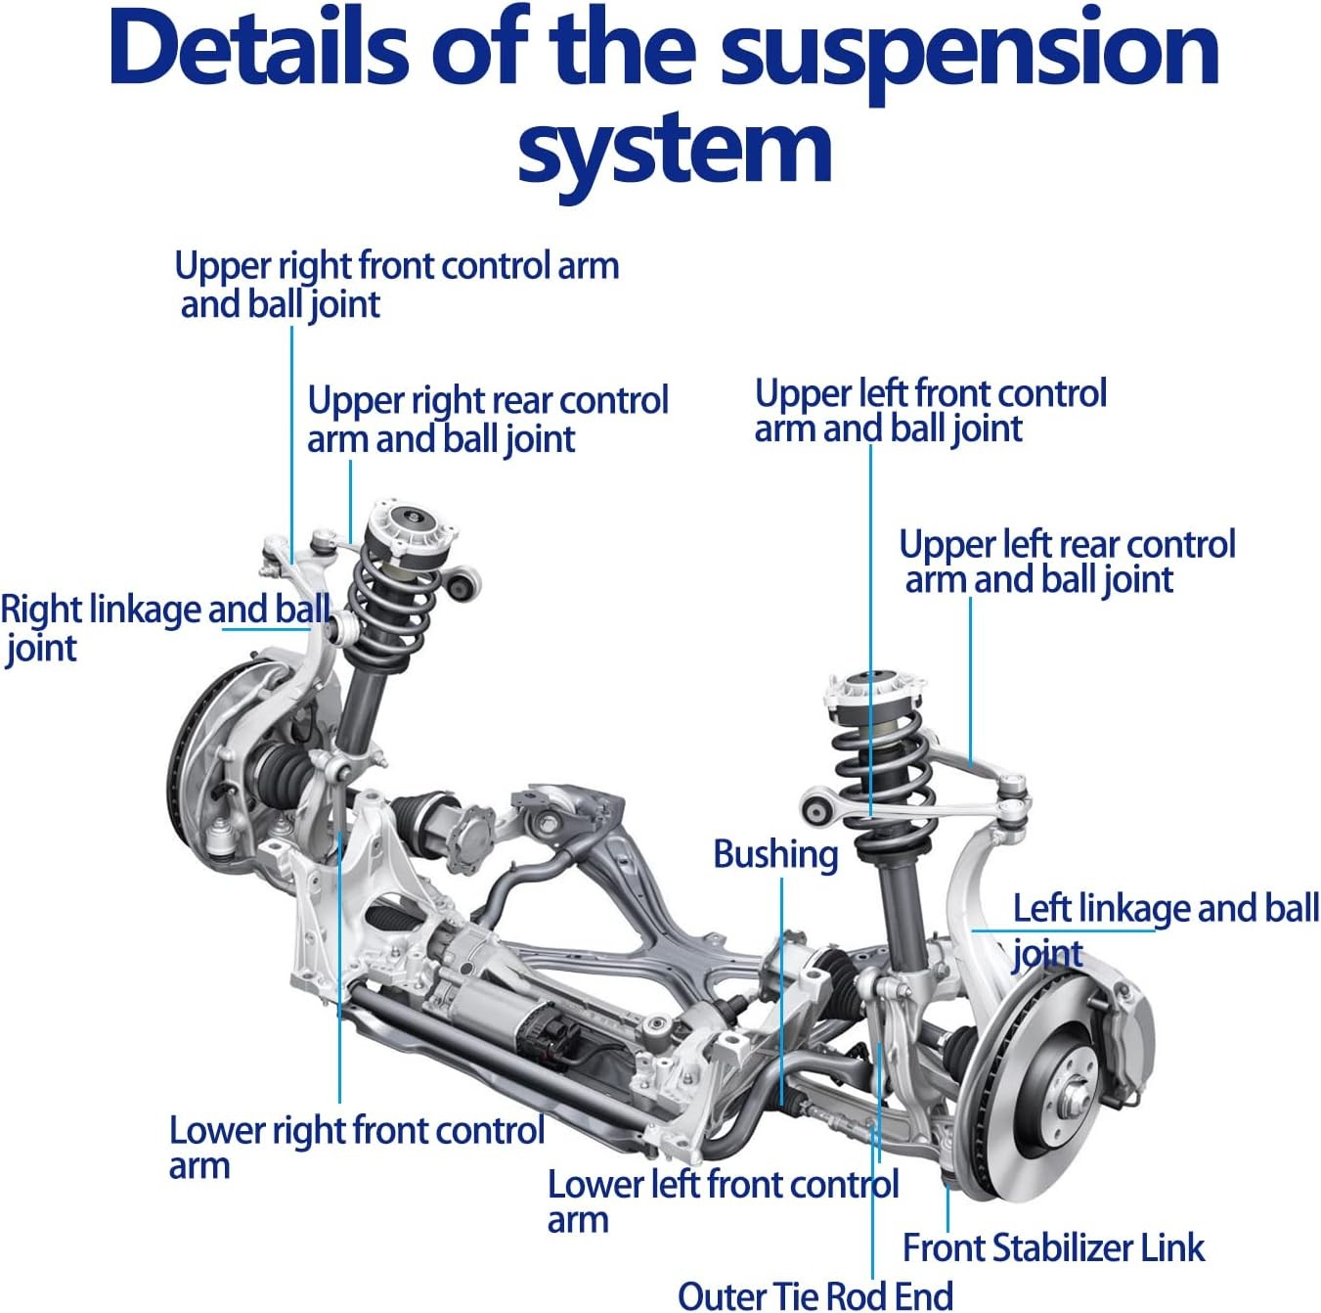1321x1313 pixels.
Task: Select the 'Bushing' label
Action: (x=775, y=854)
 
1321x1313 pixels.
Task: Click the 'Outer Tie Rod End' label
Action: (x=815, y=1295)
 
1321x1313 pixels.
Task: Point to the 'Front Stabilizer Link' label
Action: (x=1053, y=1247)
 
